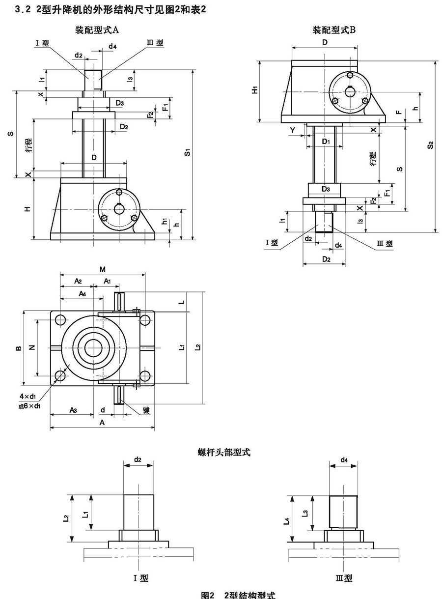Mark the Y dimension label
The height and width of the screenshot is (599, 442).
click(x=293, y=130)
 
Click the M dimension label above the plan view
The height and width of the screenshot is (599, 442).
click(x=103, y=269)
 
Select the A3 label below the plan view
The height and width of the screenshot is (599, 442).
click(x=72, y=409)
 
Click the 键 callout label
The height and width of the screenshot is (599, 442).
click(x=146, y=409)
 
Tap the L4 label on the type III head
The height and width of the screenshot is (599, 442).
click(x=287, y=522)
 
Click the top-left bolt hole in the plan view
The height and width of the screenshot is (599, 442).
click(x=60, y=320)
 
